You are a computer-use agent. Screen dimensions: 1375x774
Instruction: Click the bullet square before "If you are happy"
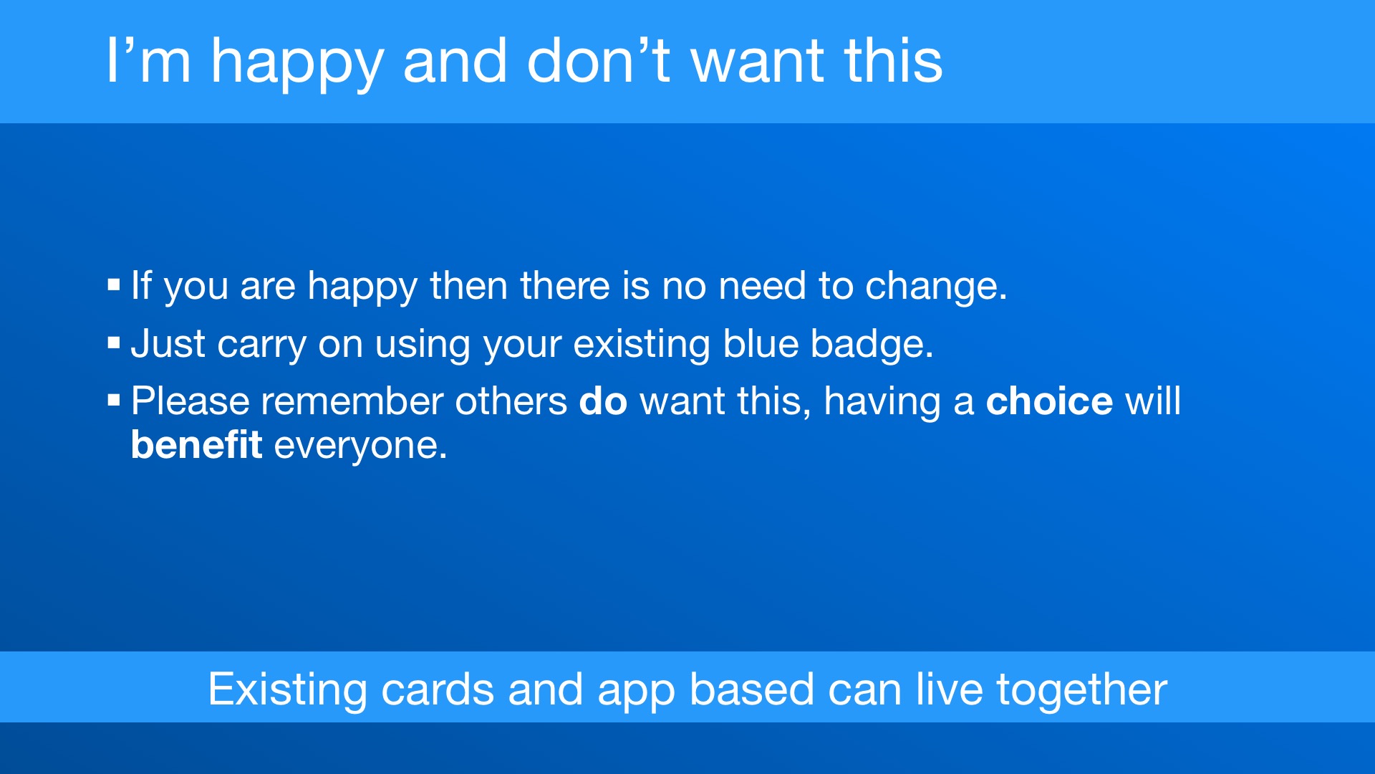point(114,285)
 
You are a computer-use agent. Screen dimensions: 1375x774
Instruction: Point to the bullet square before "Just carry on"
point(114,343)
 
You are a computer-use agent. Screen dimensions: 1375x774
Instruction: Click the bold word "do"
point(603,401)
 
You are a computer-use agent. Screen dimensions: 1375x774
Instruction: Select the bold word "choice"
point(1049,401)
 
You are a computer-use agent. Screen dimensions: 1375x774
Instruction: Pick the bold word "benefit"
point(196,444)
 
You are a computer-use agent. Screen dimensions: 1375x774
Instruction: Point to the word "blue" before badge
point(761,343)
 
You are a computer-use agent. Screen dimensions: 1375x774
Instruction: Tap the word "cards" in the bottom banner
point(438,689)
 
